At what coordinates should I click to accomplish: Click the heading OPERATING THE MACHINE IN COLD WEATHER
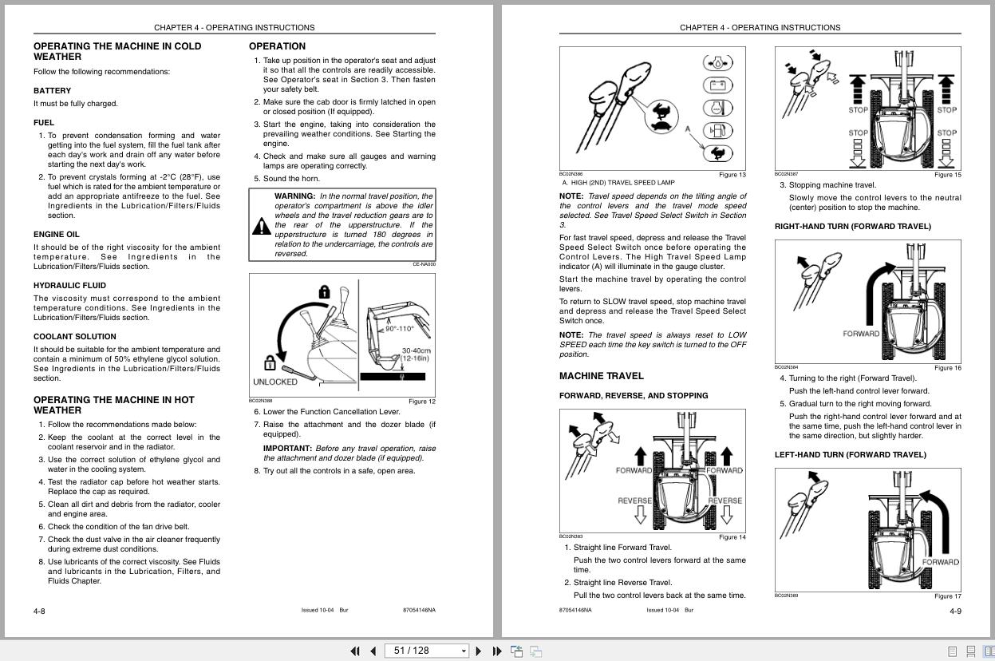[x=116, y=51]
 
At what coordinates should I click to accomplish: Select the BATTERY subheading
[x=52, y=91]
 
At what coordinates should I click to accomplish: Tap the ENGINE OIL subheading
[x=56, y=235]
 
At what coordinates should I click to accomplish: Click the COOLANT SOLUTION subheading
[x=74, y=337]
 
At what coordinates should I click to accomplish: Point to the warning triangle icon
[x=261, y=227]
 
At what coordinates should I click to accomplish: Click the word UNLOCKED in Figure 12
[x=274, y=382]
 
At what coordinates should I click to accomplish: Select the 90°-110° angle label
[x=400, y=329]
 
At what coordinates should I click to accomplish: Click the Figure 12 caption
[x=421, y=402]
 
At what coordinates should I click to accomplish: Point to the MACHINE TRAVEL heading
[x=601, y=376]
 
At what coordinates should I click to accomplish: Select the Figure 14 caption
[x=732, y=537]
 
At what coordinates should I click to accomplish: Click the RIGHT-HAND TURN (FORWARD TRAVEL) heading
[x=852, y=227]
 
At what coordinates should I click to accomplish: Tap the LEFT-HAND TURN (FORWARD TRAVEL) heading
[x=850, y=455]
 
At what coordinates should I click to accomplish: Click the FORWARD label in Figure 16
[x=860, y=334]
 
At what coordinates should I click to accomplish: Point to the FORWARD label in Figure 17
[x=940, y=562]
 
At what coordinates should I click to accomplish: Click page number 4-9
[x=954, y=612]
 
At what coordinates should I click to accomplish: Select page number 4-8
[x=39, y=612]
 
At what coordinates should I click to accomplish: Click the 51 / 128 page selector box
[x=426, y=651]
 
